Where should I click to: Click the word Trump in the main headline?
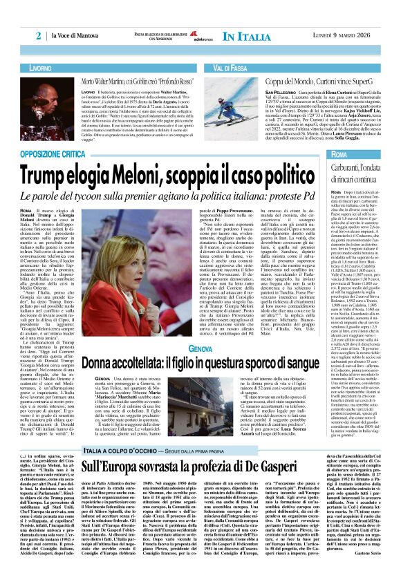coord(70,169)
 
